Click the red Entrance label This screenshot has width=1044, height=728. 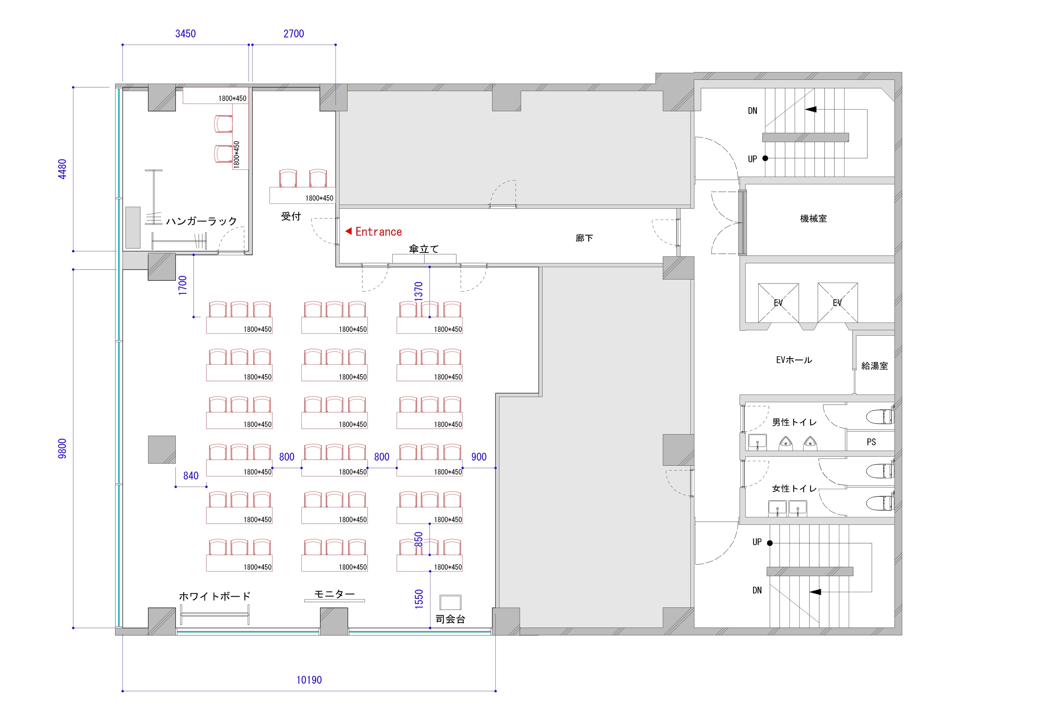(378, 232)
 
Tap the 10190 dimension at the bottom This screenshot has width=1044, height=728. (309, 680)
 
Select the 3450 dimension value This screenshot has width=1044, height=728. (185, 34)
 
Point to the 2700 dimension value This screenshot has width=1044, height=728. (294, 34)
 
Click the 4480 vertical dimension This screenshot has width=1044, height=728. (62, 169)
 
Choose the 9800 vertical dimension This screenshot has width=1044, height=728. (62, 449)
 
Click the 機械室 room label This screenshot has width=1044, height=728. (813, 218)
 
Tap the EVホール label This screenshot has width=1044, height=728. (794, 360)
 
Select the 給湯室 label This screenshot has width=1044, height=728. (874, 366)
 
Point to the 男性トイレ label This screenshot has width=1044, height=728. (794, 422)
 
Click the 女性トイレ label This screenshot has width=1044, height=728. (794, 489)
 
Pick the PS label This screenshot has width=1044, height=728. (871, 442)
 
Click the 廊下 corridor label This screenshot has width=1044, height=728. (584, 238)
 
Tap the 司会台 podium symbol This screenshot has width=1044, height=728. (450, 602)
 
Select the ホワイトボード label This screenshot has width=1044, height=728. (215, 596)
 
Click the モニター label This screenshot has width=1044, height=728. (335, 594)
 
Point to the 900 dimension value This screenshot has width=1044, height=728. (479, 457)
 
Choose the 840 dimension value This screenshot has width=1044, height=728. (191, 476)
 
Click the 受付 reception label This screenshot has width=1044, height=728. (291, 216)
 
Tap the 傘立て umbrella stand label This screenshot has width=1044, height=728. (424, 249)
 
